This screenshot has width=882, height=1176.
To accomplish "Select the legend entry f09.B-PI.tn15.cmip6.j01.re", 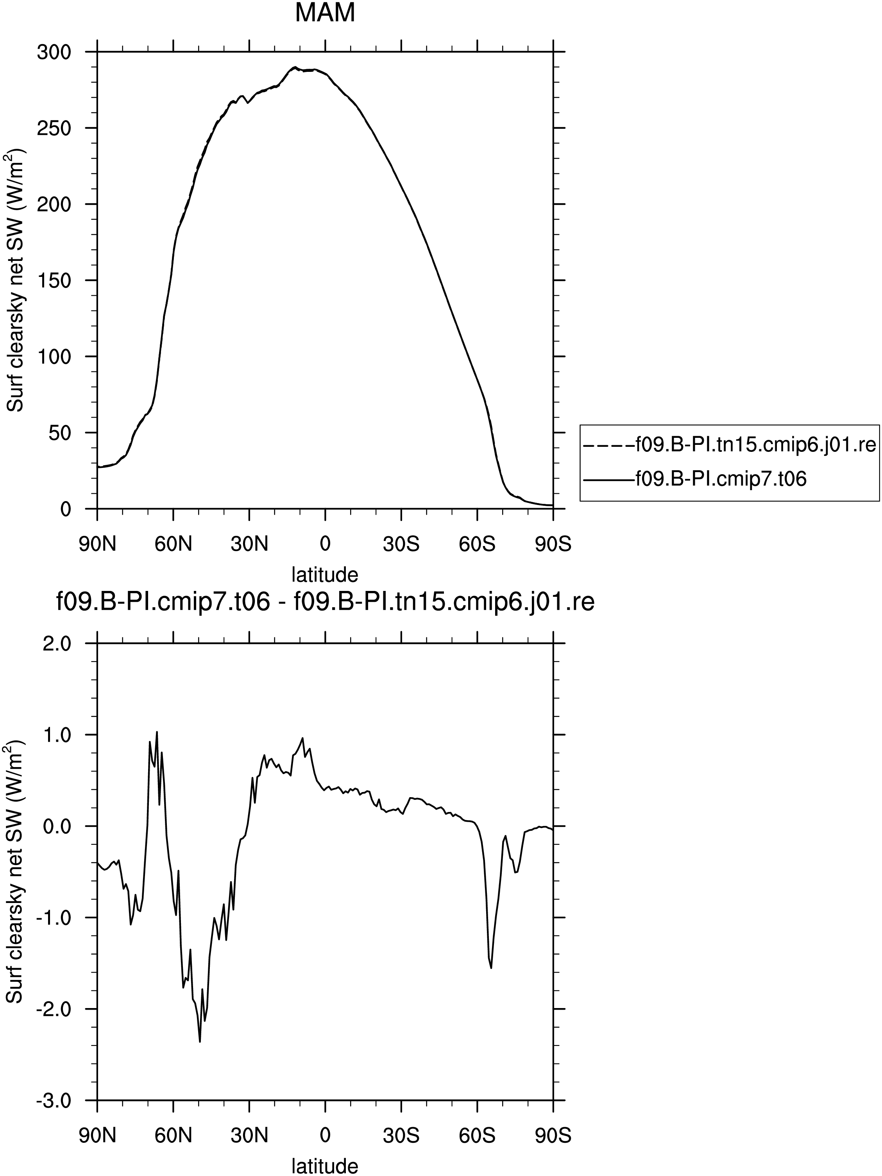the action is (x=729, y=444).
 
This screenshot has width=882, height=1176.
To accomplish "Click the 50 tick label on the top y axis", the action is (x=60, y=433).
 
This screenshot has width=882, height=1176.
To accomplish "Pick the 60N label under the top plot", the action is (x=174, y=544).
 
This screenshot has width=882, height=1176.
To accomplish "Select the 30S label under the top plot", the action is (x=401, y=544).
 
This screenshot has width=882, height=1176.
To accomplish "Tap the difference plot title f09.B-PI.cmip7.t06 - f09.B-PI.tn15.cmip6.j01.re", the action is (x=326, y=603).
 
